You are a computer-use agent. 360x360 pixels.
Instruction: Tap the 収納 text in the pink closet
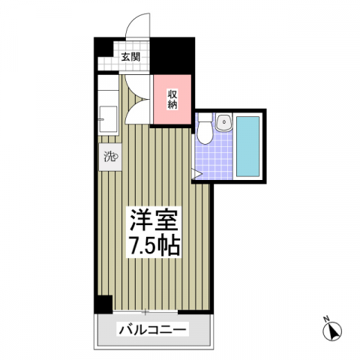pos(172,99)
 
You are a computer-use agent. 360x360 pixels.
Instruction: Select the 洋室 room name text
pos(154,220)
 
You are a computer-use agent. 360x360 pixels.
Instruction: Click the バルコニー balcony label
pos(152,330)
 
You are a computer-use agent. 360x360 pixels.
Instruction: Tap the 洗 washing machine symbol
pos(109,157)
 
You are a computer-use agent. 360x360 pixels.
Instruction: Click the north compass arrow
pos(335,331)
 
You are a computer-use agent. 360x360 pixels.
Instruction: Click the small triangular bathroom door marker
pos(196,175)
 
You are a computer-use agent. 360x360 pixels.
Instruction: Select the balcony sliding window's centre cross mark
pos(146,310)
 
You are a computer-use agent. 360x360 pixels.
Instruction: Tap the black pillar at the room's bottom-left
pos(102,304)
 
